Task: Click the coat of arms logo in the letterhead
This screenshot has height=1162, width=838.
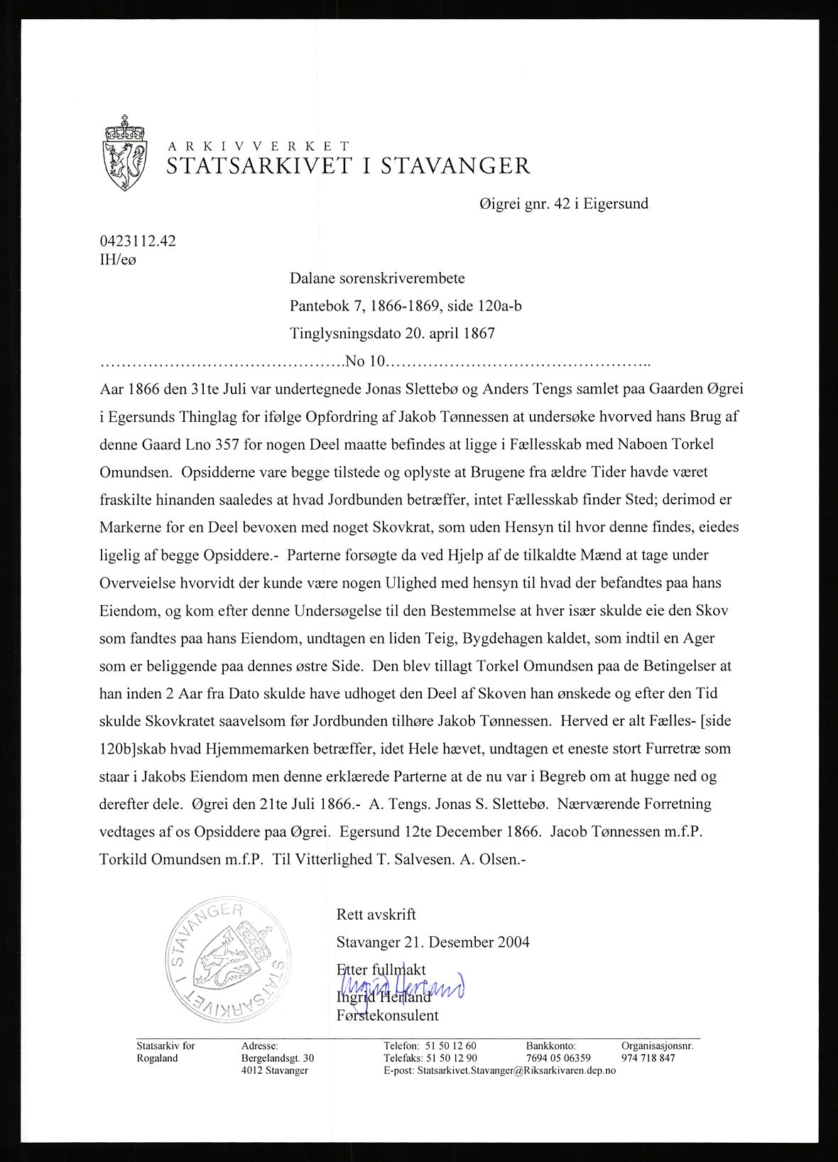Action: (x=125, y=152)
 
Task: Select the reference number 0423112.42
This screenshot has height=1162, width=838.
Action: (x=138, y=241)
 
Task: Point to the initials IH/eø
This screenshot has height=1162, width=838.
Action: (x=117, y=259)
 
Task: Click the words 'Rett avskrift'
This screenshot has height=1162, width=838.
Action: (x=376, y=914)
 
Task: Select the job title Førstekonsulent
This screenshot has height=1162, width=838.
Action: (x=388, y=1015)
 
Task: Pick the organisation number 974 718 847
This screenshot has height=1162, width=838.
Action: (x=648, y=1058)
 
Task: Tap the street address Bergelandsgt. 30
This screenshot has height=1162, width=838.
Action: (x=278, y=1058)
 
